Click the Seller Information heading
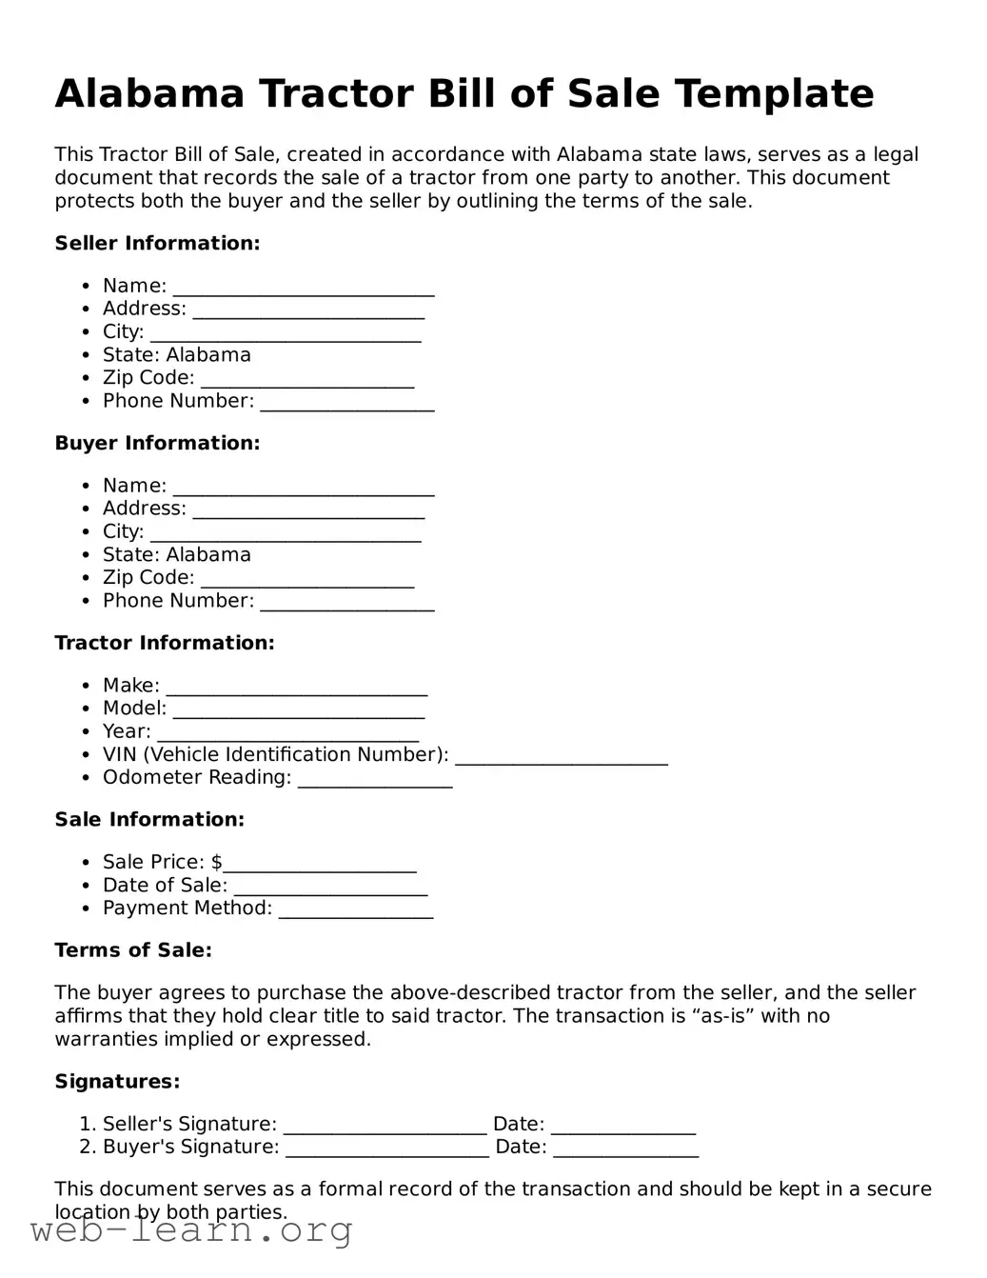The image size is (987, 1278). [x=157, y=243]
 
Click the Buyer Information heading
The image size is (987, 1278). [x=157, y=443]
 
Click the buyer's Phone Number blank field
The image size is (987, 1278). [x=347, y=604]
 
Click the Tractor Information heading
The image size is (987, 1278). [x=164, y=643]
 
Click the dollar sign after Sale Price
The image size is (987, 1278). [x=217, y=862]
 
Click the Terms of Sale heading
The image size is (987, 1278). [x=133, y=949]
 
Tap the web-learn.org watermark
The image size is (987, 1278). [x=191, y=1231]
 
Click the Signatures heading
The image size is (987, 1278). [x=117, y=1081]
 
